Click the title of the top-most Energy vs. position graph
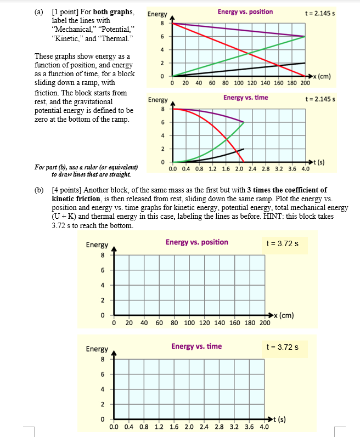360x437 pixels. coord(245,12)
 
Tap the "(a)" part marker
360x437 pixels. coord(40,12)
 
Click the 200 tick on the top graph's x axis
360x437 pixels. coord(305,83)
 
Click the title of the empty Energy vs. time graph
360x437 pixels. coord(196,347)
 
